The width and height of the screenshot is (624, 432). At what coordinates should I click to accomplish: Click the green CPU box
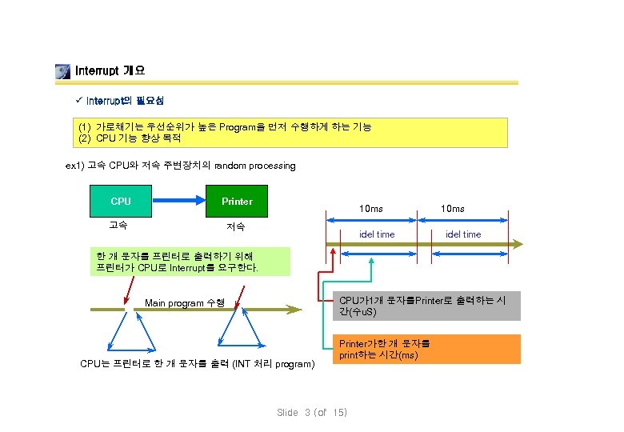coord(121,202)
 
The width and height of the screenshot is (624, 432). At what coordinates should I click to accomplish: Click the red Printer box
coord(237,202)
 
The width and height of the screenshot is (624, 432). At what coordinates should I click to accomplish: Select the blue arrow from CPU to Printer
coord(179,202)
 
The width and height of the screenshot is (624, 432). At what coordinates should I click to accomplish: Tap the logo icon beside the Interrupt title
coord(62,71)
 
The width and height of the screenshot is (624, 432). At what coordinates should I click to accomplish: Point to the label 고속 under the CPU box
coord(118,225)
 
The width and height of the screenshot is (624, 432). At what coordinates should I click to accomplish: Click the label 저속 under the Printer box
coord(236,226)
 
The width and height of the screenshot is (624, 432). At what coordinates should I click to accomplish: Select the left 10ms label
coord(370,209)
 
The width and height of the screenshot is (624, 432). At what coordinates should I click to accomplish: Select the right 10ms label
coord(453,209)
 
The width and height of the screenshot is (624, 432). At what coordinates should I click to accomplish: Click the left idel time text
coord(376,234)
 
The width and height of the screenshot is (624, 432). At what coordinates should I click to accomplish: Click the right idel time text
coord(463,234)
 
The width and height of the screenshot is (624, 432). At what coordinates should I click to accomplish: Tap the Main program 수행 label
coord(185,303)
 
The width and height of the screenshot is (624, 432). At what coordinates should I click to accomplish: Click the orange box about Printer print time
coord(426,350)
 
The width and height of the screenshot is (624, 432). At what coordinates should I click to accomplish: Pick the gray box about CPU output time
coord(426,306)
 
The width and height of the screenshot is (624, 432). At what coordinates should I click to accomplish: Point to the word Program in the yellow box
coord(238,127)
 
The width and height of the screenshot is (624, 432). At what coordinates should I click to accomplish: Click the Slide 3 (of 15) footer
coord(312,413)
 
